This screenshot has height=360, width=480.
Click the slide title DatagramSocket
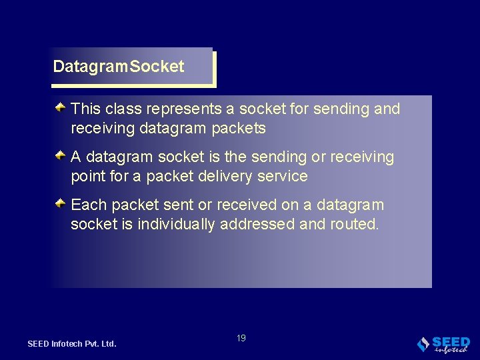119,67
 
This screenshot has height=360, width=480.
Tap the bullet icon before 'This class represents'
60,107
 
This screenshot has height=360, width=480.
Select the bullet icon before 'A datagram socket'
60,155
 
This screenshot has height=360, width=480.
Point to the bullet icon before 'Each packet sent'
60,203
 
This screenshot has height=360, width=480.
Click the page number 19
241,338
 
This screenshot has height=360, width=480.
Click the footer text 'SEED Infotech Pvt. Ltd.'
72,344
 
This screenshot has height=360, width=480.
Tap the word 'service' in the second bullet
283,176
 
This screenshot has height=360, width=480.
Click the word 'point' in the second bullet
87,177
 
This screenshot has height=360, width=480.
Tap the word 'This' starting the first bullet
84,109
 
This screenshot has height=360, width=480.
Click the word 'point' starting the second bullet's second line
87,177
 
